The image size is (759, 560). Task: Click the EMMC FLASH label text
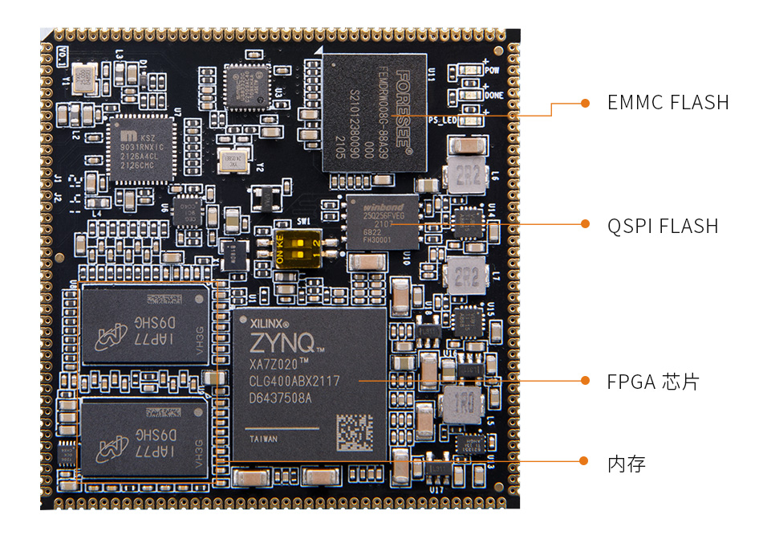[668, 103]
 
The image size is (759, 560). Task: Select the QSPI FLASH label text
[662, 226]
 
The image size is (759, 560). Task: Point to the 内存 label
[626, 464]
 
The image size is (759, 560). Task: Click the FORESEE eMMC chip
[374, 112]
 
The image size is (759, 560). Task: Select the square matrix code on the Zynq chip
[353, 431]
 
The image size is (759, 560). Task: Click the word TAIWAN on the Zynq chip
[264, 439]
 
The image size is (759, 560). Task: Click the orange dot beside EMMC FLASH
[586, 103]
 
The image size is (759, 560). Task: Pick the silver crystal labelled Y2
[233, 160]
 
